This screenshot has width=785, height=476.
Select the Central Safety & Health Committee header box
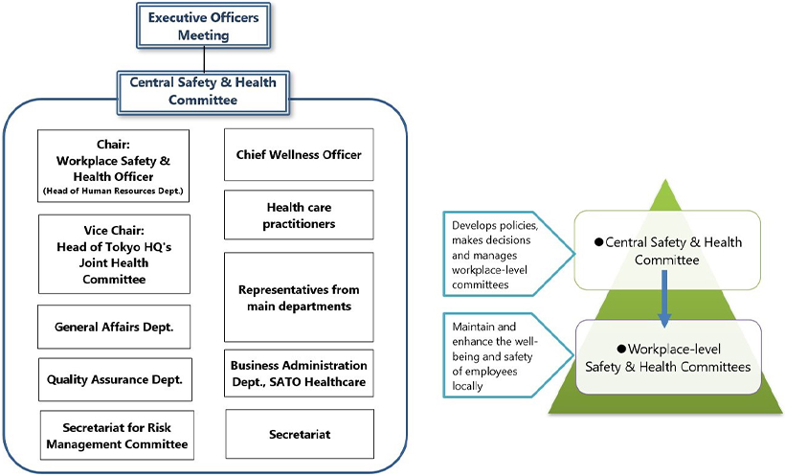click(203, 91)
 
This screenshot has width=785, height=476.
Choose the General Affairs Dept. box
click(114, 327)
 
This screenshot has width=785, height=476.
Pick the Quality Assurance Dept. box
click(114, 379)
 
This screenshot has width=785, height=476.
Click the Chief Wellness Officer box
click(299, 154)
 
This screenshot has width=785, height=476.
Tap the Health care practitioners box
click(299, 215)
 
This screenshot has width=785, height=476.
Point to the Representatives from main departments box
click(299, 298)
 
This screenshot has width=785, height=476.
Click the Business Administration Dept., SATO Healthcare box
click(299, 374)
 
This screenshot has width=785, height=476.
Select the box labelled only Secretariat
click(299, 435)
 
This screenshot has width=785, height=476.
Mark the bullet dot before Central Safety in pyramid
click(599, 244)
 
